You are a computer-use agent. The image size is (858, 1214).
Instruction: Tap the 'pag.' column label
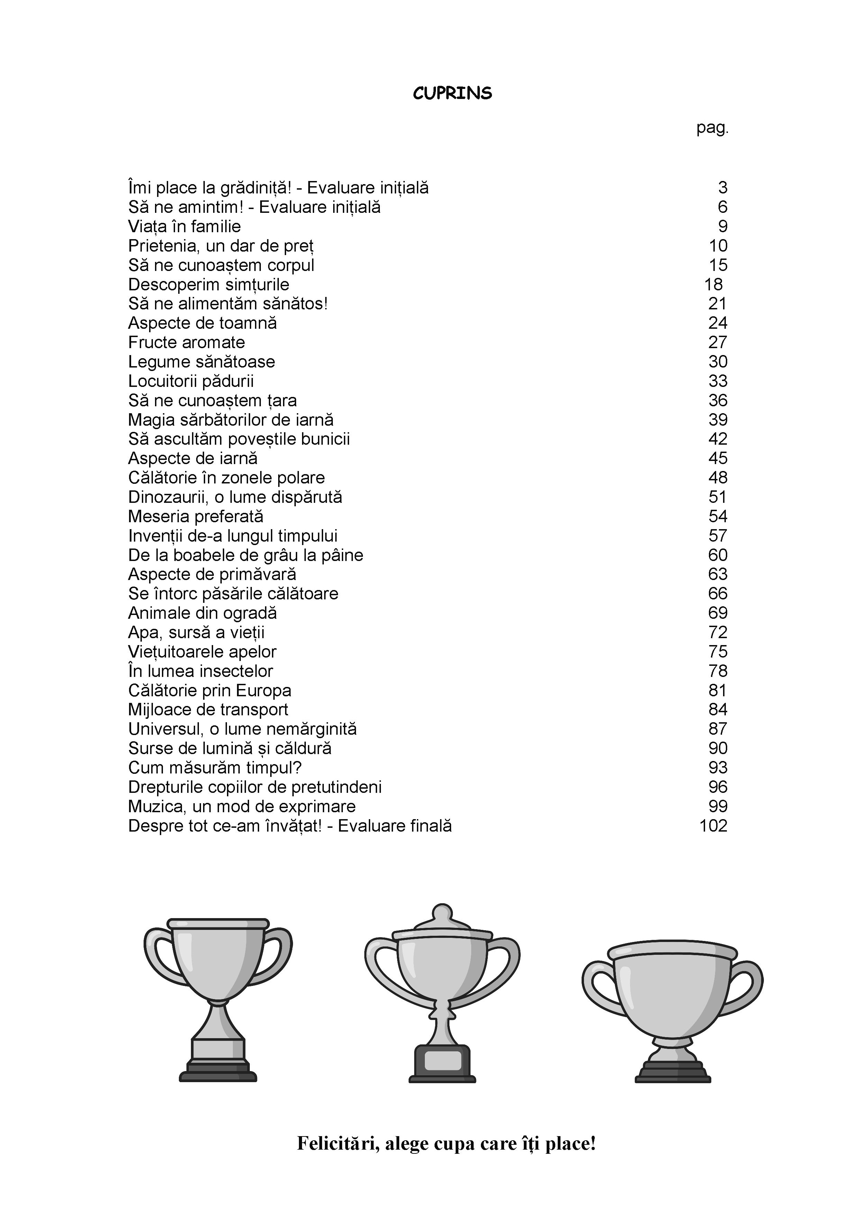coord(712,128)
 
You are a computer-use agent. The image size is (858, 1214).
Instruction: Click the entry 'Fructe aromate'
coord(186,343)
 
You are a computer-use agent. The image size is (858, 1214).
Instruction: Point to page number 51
coord(718,497)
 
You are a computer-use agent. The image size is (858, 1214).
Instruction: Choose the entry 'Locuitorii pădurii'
coord(191,381)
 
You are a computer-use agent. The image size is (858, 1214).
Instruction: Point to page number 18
coord(713,284)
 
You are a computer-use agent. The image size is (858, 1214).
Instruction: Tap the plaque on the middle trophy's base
coord(443,1060)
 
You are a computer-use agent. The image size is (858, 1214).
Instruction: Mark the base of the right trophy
coord(673,1069)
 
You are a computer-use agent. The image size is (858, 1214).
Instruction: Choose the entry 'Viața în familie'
coord(184,227)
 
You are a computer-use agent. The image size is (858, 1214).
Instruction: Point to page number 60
coord(718,555)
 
